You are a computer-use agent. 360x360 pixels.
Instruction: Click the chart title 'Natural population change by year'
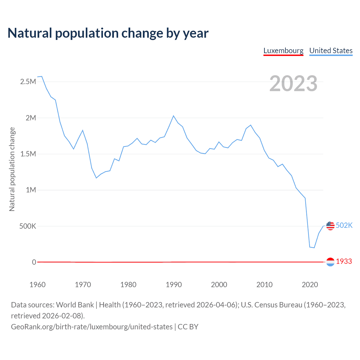click(108, 33)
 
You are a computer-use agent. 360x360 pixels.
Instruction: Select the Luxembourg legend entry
click(283, 51)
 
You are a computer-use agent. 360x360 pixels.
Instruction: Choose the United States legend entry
click(331, 51)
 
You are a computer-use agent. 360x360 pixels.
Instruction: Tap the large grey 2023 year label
click(293, 84)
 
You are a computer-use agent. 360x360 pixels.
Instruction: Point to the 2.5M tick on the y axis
click(28, 82)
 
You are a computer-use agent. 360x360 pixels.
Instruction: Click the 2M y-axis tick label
click(31, 118)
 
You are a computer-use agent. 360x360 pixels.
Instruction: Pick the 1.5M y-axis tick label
click(28, 154)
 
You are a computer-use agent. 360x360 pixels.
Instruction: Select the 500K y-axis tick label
click(28, 226)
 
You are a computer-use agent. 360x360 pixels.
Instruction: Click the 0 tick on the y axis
click(34, 262)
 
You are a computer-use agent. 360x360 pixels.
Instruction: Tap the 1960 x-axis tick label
click(37, 285)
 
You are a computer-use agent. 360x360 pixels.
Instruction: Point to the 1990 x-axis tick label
click(174, 285)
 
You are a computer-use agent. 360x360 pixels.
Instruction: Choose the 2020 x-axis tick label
click(310, 285)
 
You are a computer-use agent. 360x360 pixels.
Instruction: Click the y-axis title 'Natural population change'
click(12, 169)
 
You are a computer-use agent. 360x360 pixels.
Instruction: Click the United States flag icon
click(330, 226)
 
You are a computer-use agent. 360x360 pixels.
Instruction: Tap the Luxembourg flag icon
click(330, 262)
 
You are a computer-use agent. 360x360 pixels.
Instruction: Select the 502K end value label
click(344, 226)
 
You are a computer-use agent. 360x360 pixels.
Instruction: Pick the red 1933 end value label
click(344, 262)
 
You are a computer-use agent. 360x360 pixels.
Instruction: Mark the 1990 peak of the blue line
click(174, 116)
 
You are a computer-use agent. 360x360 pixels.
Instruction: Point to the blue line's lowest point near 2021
click(314, 248)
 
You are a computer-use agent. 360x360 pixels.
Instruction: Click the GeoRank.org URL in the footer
click(92, 327)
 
